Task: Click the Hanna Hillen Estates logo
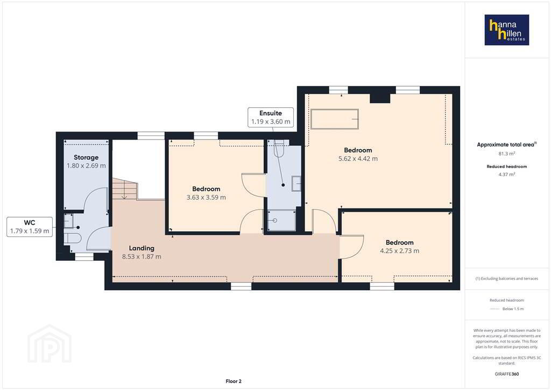507,30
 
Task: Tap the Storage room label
86,157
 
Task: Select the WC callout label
30,227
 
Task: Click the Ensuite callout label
271,117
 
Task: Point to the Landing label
142,248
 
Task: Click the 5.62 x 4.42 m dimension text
358,158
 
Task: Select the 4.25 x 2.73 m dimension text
400,250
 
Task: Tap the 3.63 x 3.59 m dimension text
206,197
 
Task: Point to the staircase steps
124,189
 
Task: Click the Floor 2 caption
234,381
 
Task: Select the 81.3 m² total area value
507,154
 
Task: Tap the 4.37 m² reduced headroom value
507,175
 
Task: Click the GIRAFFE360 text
507,374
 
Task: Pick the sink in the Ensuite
296,183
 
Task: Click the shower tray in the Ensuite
281,220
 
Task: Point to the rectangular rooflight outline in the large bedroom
335,119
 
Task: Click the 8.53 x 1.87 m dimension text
142,257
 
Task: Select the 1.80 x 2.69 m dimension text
86,165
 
